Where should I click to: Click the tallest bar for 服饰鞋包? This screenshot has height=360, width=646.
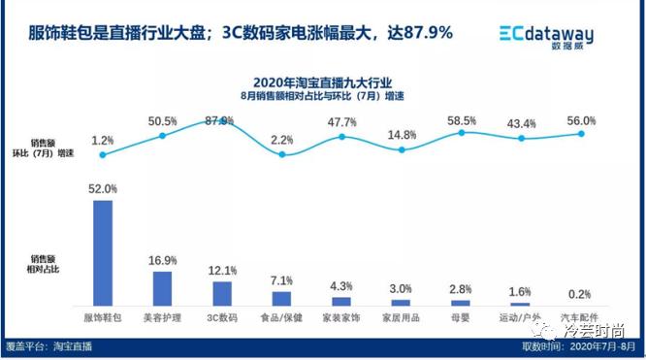point(102,252)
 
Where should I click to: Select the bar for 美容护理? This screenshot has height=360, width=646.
point(162,288)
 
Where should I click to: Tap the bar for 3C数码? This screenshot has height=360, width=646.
point(222,293)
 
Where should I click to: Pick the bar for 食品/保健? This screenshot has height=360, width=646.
point(281,299)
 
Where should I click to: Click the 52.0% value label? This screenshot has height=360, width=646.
point(102,189)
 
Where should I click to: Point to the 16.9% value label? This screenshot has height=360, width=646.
point(162,261)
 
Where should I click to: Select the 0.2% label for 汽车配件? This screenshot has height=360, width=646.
point(579,293)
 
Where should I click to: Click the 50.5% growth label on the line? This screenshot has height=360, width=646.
point(162,122)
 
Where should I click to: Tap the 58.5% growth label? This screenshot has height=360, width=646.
point(461,121)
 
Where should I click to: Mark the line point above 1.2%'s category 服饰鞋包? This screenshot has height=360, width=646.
point(102,154)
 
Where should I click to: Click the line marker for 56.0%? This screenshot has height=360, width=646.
point(581,133)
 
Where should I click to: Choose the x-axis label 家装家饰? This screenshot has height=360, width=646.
point(341,317)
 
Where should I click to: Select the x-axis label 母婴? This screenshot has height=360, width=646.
point(461,317)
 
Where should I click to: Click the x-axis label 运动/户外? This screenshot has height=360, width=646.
point(521,317)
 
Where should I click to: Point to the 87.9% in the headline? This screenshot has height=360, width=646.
point(420,33)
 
